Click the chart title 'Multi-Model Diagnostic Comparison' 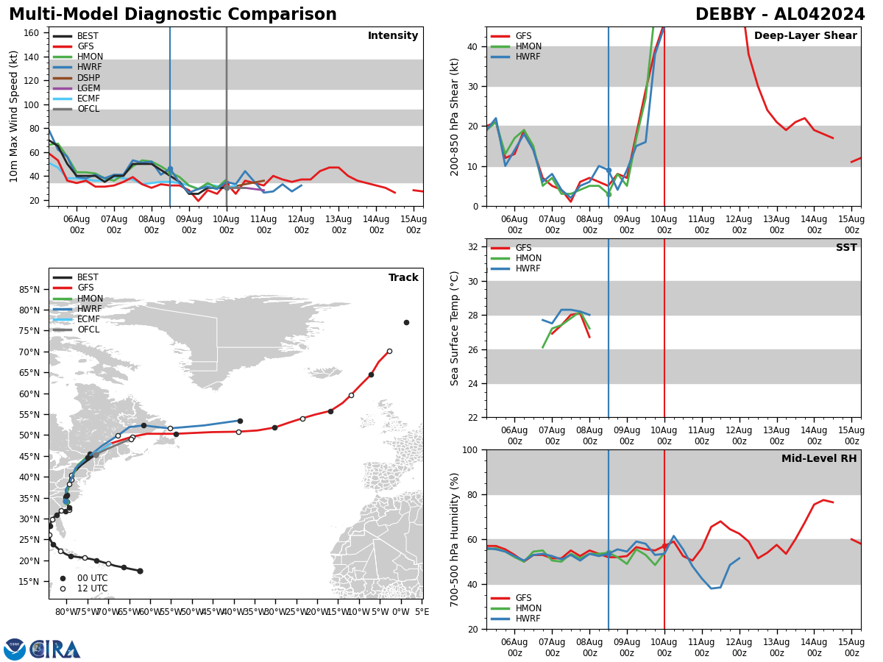pos(173,15)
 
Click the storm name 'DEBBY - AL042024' pos(780,15)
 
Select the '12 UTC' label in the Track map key pos(93,588)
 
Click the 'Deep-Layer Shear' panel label pos(805,36)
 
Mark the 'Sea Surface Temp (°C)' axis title pos(455,328)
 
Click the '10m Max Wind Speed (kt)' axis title pos(14,116)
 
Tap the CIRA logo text pos(56,649)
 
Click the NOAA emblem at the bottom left pos(15,649)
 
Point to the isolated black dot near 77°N pos(406,322)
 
